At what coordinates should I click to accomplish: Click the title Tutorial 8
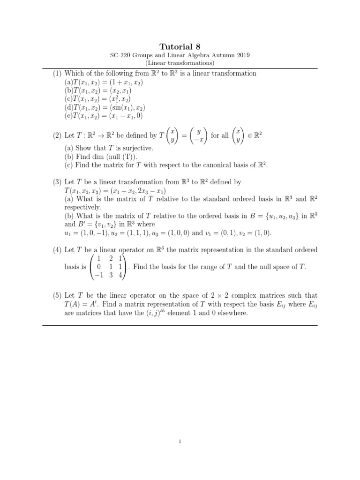click(x=180, y=46)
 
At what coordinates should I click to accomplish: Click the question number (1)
click(x=57, y=74)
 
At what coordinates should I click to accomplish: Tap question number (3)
click(x=57, y=181)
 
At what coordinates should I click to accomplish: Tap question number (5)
click(x=57, y=295)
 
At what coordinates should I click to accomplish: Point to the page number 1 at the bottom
click(x=180, y=440)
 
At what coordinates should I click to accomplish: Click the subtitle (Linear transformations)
click(x=180, y=63)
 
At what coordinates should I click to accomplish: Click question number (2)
click(x=57, y=135)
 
